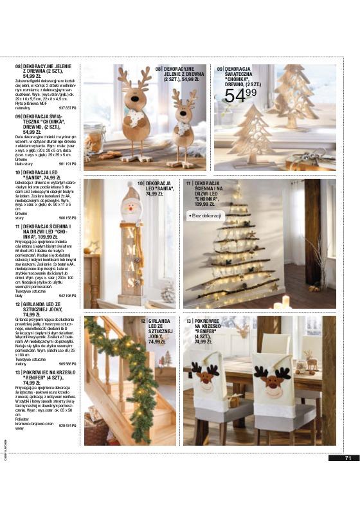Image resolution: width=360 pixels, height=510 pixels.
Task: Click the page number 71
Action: pyautogui.click(x=347, y=458)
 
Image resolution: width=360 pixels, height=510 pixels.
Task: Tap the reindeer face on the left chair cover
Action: pyautogui.click(x=205, y=379)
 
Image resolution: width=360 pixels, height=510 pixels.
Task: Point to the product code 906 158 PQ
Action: pyautogui.click(x=67, y=218)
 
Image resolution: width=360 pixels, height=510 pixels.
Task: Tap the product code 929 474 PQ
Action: pyautogui.click(x=67, y=426)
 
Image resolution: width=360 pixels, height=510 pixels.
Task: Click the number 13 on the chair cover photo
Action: pyautogui.click(x=189, y=320)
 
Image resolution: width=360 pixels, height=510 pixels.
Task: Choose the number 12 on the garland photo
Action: pyautogui.click(x=143, y=320)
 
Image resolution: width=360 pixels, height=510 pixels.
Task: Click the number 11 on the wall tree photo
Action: pyautogui.click(x=189, y=183)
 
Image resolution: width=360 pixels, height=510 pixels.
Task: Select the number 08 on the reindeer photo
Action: pyautogui.click(x=158, y=68)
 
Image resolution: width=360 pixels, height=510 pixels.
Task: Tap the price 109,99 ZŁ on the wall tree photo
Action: pyautogui.click(x=207, y=204)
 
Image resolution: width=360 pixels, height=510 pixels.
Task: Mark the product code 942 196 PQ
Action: pyautogui.click(x=67, y=296)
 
